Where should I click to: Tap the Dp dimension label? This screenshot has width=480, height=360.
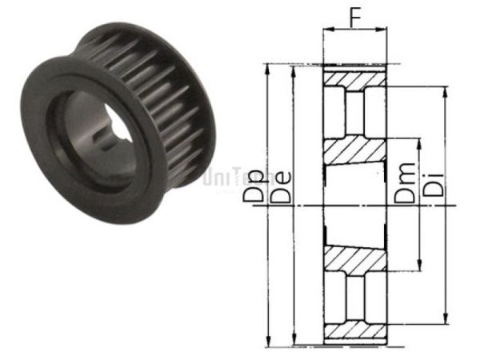point(255,186)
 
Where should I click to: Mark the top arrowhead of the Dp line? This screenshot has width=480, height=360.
point(269,66)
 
